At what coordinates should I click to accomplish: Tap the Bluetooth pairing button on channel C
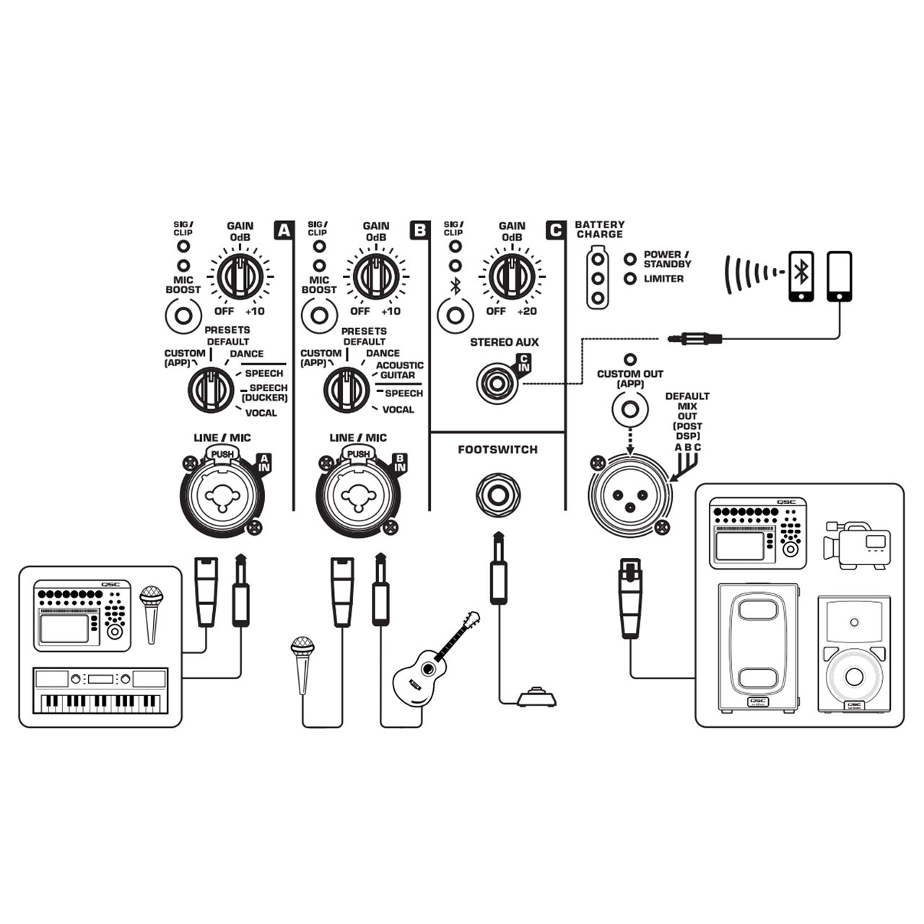(x=455, y=315)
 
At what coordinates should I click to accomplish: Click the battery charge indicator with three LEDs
(x=597, y=277)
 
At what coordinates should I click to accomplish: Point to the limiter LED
(x=631, y=279)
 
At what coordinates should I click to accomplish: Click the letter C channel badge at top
(x=554, y=230)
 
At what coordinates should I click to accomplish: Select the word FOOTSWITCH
(x=497, y=450)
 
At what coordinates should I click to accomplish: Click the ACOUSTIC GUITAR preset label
(x=399, y=370)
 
